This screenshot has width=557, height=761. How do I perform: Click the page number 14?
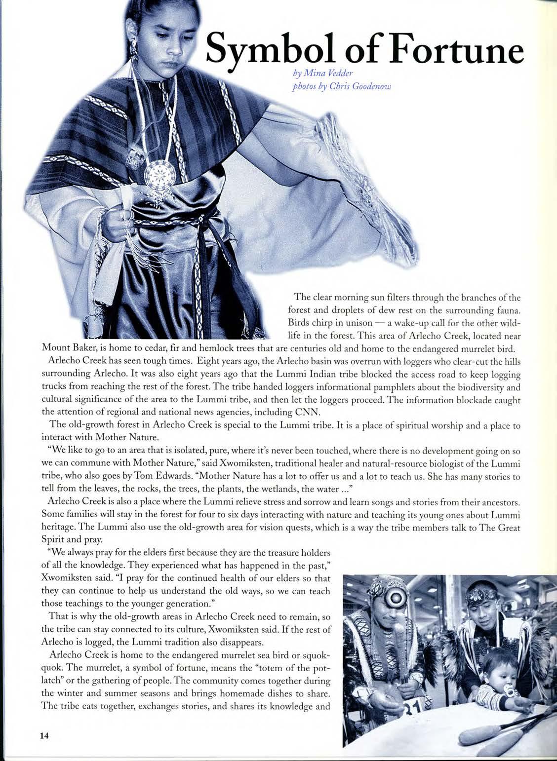coord(44,735)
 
